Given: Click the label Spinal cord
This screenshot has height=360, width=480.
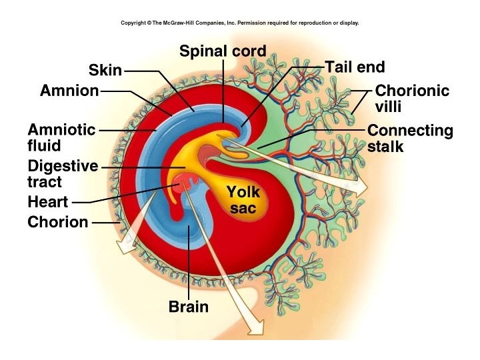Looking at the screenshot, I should [x=223, y=51].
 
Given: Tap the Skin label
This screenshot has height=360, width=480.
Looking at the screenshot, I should [x=105, y=70].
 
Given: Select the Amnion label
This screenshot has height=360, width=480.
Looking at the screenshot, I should [x=69, y=91].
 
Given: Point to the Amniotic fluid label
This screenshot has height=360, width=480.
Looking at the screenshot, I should [x=61, y=137].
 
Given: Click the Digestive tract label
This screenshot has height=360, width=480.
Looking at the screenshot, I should [x=63, y=173].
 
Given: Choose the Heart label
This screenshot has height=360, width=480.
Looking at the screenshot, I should [x=48, y=202].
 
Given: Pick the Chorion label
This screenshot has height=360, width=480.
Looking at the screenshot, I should [x=58, y=222].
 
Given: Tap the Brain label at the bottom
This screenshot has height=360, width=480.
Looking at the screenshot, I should [x=189, y=307].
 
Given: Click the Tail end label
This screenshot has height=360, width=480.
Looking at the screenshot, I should [x=355, y=67].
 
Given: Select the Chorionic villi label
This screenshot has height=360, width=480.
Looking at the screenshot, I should [x=412, y=98].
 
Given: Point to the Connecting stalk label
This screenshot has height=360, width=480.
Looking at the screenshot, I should [x=410, y=138].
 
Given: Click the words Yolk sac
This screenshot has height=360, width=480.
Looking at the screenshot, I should [x=243, y=200].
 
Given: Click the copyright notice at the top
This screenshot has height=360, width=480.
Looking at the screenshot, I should [x=240, y=23].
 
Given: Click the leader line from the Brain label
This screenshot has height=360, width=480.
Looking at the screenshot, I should [x=189, y=267].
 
